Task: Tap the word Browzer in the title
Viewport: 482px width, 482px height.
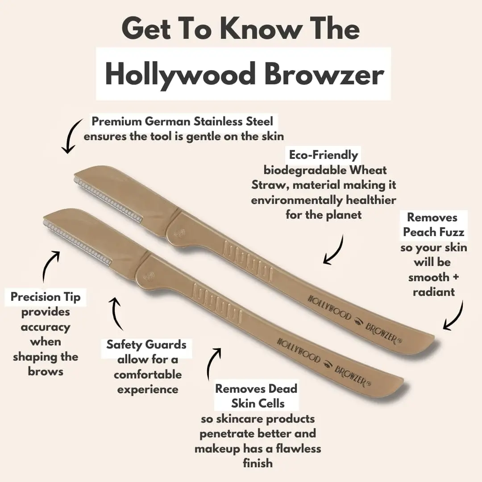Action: [324, 74]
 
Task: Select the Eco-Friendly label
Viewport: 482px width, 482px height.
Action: [324, 154]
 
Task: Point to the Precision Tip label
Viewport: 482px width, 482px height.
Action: [46, 297]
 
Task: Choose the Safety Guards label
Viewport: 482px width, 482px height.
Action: [146, 345]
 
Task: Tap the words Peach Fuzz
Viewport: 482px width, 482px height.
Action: [433, 232]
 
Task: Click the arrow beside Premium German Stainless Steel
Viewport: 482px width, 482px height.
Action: [71, 135]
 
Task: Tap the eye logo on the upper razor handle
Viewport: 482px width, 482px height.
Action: [357, 321]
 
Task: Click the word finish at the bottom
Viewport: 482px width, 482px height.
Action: [258, 463]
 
